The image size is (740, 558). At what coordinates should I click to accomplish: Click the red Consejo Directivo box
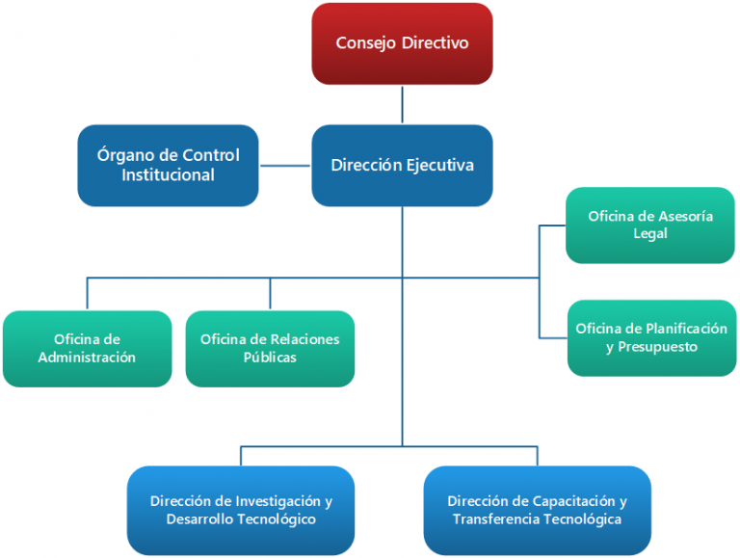402,43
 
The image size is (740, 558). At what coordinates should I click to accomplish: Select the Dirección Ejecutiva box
402,165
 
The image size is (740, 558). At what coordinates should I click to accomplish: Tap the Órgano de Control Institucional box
168,165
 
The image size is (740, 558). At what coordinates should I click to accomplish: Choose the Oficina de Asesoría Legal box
650,225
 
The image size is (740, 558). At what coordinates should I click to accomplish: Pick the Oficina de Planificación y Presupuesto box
651,337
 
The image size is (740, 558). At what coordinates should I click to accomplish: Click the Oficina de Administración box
87,348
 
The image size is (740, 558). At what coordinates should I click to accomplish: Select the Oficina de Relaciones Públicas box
270,348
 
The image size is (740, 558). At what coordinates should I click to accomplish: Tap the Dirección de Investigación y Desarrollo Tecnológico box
241,510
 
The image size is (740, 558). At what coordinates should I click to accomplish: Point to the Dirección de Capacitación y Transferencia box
537,510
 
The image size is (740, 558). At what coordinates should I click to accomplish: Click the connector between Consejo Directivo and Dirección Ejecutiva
402,104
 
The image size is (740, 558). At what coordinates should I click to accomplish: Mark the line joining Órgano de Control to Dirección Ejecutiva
285,165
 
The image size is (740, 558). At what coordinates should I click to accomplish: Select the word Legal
650,234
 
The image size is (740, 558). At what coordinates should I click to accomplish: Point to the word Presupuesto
657,347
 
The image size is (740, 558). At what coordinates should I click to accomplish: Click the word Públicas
270,358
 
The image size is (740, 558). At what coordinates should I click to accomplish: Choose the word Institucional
168,175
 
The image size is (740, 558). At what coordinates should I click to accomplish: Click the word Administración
87,358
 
